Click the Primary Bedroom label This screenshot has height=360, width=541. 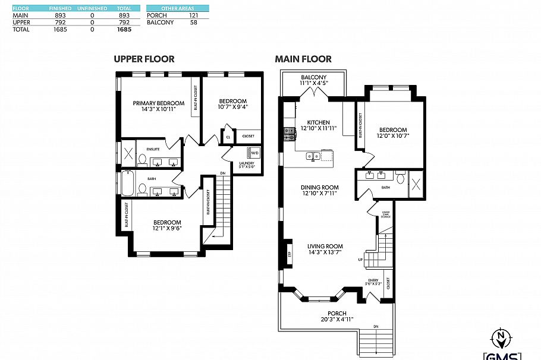click(158, 103)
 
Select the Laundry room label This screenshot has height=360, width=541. click(247, 163)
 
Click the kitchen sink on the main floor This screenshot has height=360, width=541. click(313, 157)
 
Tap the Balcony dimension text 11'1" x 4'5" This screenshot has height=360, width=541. click(313, 84)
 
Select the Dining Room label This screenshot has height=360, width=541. click(319, 187)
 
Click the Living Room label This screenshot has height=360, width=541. click(325, 246)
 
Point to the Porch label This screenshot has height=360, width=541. click(336, 313)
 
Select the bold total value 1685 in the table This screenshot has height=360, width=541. click(124, 29)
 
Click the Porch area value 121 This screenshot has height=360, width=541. click(193, 15)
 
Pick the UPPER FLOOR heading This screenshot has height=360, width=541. click(144, 59)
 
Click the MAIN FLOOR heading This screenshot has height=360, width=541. click(303, 59)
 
